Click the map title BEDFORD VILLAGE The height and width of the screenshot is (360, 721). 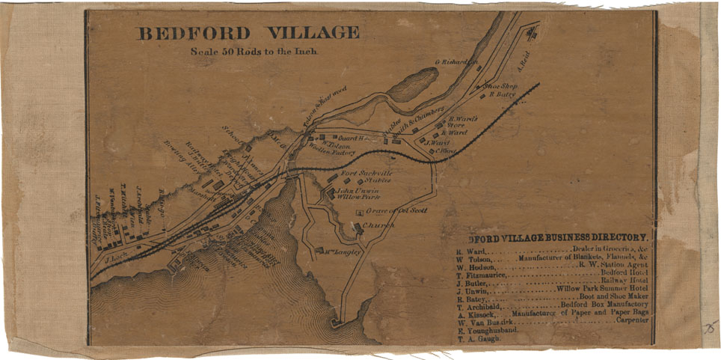click(247, 34)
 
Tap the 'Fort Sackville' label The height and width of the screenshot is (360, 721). click(366, 174)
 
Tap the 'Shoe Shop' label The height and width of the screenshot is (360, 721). click(500, 86)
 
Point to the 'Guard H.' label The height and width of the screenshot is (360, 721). click(350, 138)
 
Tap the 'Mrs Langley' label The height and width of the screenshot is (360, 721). click(343, 252)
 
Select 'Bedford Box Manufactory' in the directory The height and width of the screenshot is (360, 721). click(604, 305)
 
